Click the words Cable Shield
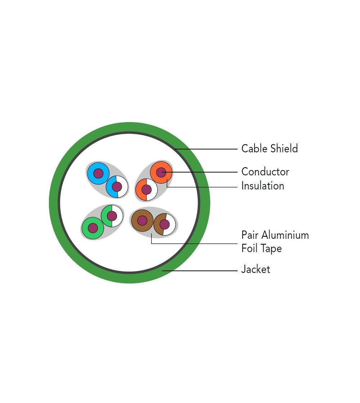click(269, 148)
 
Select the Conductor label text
click(265, 171)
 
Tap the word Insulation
click(262, 186)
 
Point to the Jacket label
click(255, 269)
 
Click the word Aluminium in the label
click(285, 235)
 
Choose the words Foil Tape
click(261, 248)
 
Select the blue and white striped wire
click(122, 187)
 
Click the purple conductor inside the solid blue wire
click(98, 174)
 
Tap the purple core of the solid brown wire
click(142, 220)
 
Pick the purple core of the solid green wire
click(93, 228)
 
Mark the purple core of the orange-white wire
click(146, 189)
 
